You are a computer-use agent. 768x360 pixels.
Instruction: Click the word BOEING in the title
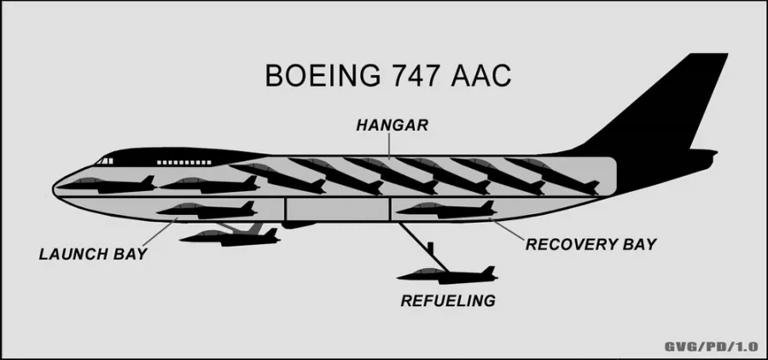323,75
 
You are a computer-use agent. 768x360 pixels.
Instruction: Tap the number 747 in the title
419,75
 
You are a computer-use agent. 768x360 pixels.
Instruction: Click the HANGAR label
392,125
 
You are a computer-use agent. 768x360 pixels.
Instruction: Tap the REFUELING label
448,300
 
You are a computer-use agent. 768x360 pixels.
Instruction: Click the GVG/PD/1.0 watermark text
711,346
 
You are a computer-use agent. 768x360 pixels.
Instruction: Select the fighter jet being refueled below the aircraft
447,276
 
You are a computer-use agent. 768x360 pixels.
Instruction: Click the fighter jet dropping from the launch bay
230,237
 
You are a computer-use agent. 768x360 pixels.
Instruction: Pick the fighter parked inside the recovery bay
446,210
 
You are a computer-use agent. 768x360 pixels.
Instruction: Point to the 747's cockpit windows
104,160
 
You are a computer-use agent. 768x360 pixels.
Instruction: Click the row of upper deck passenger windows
184,162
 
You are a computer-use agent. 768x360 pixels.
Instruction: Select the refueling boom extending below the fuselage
423,247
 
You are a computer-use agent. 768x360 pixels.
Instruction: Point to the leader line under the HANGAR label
389,146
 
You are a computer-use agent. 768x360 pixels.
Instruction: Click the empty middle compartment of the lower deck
337,209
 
